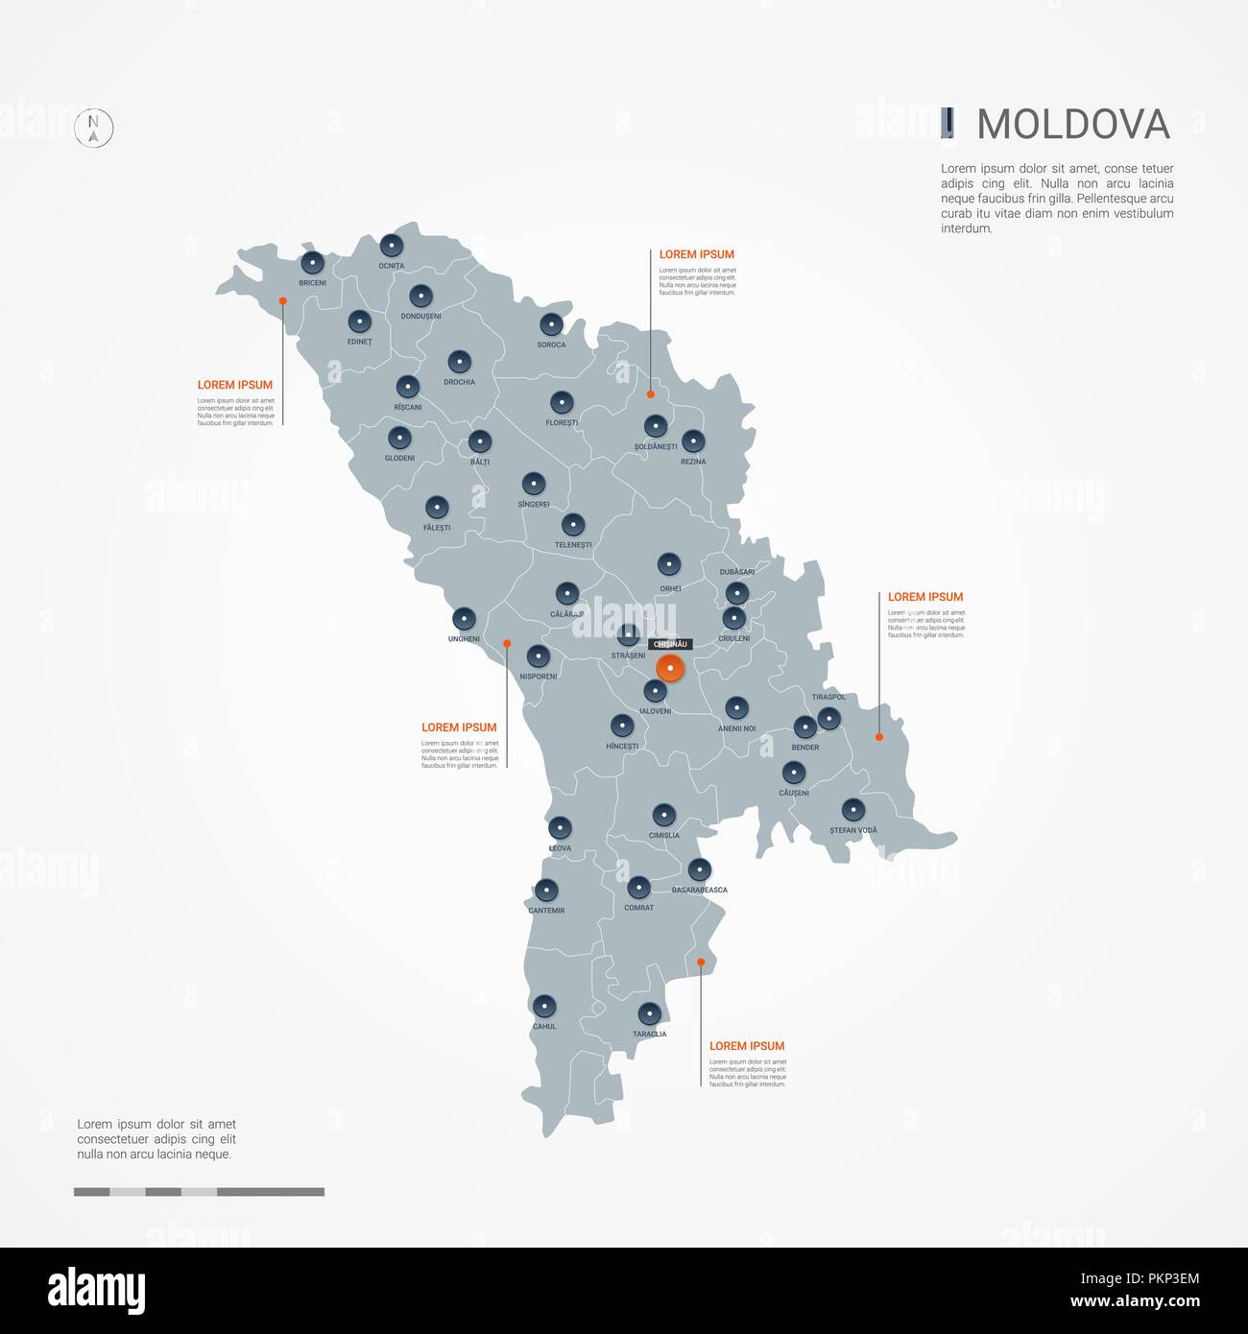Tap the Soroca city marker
550,324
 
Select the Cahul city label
544,1027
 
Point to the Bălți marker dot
480,442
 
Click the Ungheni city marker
464,619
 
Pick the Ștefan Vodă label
852,830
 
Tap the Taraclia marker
650,1013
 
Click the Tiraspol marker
828,718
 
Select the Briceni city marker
312,263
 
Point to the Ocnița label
391,266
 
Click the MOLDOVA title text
1072,125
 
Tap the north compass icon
94,128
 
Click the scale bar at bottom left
199,1192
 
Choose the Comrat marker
638,888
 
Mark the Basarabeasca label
699,891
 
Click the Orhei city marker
669,564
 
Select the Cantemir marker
546,891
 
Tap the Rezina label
693,462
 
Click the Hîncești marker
622,726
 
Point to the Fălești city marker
437,507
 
